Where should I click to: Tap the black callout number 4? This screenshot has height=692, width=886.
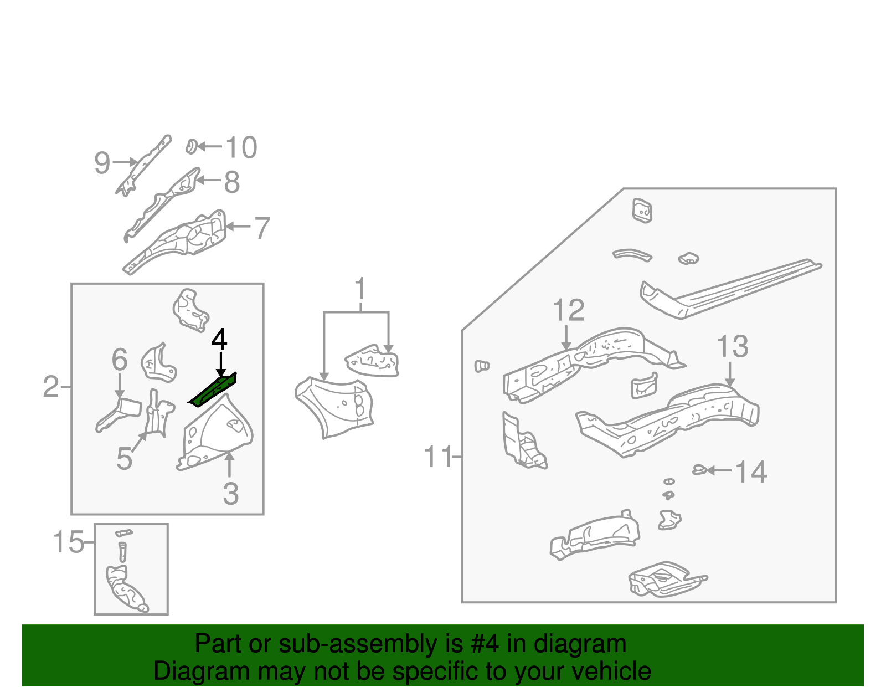pyautogui.click(x=219, y=340)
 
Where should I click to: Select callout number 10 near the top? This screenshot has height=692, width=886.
pyautogui.click(x=241, y=148)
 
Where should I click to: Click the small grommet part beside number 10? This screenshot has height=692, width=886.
pyautogui.click(x=192, y=147)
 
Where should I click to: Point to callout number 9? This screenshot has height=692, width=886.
pyautogui.click(x=102, y=163)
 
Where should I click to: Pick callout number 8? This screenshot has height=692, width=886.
pyautogui.click(x=232, y=182)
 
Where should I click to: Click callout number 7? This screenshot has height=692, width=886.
pyautogui.click(x=261, y=228)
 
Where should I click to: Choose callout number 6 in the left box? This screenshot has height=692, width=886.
pyautogui.click(x=120, y=360)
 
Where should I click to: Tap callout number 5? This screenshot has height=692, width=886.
pyautogui.click(x=124, y=459)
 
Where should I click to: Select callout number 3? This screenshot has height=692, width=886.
pyautogui.click(x=230, y=494)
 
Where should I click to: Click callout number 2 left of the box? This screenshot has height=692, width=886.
pyautogui.click(x=51, y=387)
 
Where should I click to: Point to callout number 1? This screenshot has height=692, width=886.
pyautogui.click(x=360, y=289)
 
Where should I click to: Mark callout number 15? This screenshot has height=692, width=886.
pyautogui.click(x=68, y=542)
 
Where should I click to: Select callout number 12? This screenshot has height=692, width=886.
pyautogui.click(x=568, y=310)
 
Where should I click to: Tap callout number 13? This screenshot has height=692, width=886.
pyautogui.click(x=732, y=347)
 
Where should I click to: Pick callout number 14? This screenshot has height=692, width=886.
pyautogui.click(x=750, y=472)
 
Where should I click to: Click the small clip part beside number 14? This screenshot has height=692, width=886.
pyautogui.click(x=699, y=470)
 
